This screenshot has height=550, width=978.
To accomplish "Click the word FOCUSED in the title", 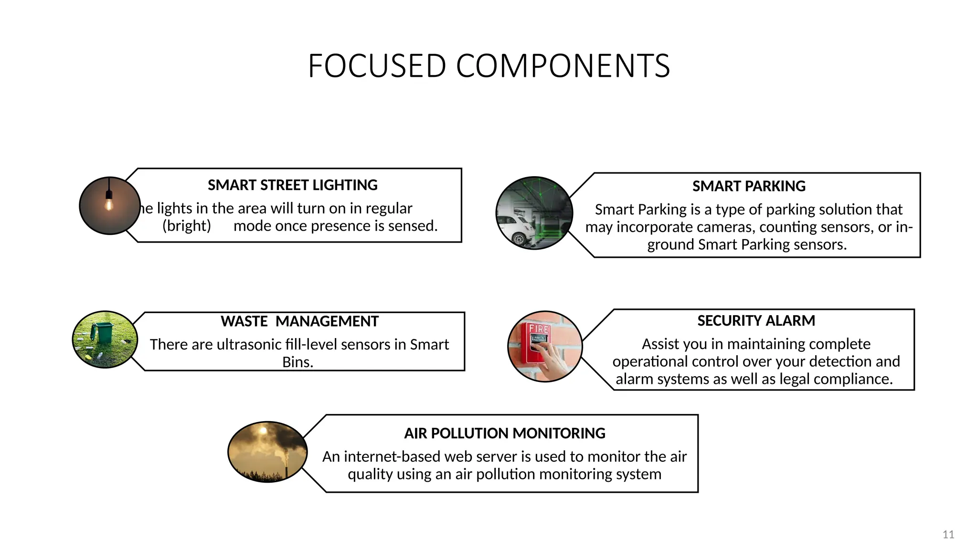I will pos(377,66).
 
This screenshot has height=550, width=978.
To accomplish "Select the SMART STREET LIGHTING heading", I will pos(292,185).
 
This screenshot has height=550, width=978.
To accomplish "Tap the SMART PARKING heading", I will pos(749,186).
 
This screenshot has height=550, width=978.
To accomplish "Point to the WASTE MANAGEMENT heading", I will pos(299,321).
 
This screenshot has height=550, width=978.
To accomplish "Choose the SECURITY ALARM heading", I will pos(756,321).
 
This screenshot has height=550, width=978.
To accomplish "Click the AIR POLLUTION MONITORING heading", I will pos(504,434).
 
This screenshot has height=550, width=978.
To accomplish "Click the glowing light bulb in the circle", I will pos(109,204).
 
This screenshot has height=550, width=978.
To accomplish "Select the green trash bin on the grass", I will pos(102,332).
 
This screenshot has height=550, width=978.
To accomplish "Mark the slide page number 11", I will pos(948,535).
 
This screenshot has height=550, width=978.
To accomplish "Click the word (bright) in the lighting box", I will pos(187,226).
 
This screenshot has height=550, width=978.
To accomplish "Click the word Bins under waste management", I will pos(297,362).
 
